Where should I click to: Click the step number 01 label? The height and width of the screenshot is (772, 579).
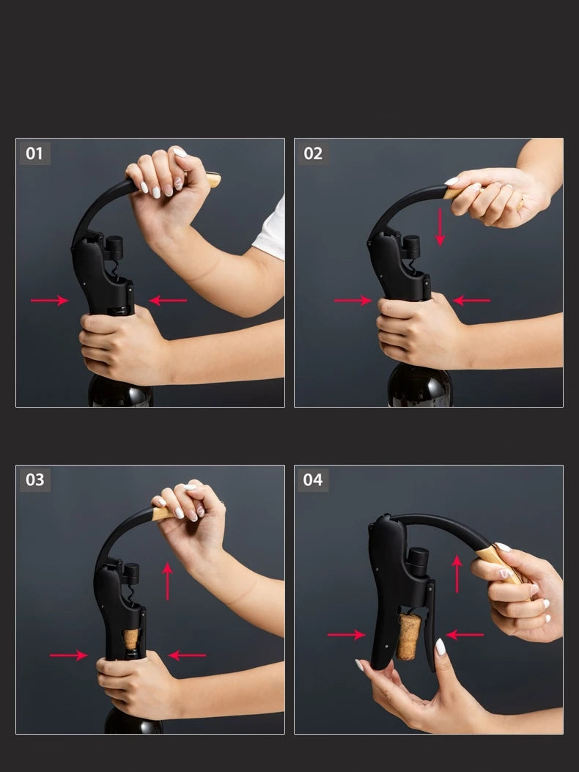pyautogui.click(x=34, y=154)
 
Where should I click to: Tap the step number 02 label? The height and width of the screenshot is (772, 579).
pyautogui.click(x=313, y=154)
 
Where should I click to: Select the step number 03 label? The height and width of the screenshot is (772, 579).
pyautogui.click(x=35, y=479)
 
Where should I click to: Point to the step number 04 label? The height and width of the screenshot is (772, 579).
pyautogui.click(x=313, y=479)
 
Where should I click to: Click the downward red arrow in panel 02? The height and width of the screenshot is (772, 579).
pyautogui.click(x=440, y=227)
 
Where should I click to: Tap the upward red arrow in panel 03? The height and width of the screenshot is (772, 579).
pyautogui.click(x=167, y=581)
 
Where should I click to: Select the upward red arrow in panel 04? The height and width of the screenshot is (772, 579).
pyautogui.click(x=457, y=573)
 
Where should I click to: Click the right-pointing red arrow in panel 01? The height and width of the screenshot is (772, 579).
pyautogui.click(x=50, y=301)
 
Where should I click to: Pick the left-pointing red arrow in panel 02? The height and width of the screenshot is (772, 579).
pyautogui.click(x=471, y=301)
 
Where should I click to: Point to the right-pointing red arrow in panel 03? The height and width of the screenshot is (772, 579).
pyautogui.click(x=69, y=655)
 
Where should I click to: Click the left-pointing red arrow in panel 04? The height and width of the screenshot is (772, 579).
pyautogui.click(x=465, y=635)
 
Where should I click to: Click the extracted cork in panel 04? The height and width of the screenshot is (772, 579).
pyautogui.click(x=408, y=636)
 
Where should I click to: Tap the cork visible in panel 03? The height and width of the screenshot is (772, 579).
pyautogui.click(x=131, y=639)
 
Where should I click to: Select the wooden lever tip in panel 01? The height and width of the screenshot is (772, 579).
pyautogui.click(x=213, y=180)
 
